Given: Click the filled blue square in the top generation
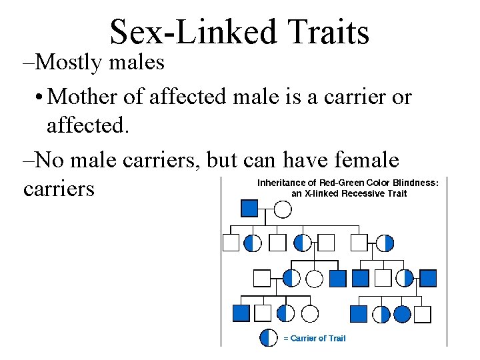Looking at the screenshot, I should click(249, 209).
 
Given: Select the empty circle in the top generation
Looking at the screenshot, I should click(283, 209).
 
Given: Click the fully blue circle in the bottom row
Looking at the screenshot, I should click(402, 313).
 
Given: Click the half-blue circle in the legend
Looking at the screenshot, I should click(269, 337).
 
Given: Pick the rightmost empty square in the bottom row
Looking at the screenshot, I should click(423, 314).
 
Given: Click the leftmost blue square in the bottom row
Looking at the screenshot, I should click(241, 313).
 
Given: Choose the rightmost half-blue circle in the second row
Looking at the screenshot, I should click(385, 243).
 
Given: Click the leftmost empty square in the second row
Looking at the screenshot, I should click(231, 243).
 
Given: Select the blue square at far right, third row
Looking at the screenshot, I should click(427, 278).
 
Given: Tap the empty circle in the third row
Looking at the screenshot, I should click(315, 278).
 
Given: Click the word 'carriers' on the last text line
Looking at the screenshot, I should click(59, 189).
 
